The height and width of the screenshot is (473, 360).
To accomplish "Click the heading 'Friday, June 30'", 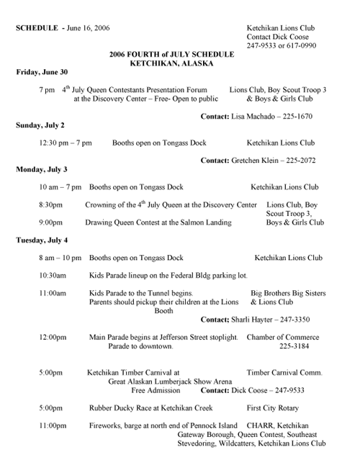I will point(42,72).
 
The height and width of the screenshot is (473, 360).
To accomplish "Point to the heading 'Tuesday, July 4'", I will point(42,240).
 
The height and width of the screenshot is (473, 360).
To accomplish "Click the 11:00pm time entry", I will point(53,425).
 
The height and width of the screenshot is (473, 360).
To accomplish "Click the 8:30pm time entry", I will point(51,205).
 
